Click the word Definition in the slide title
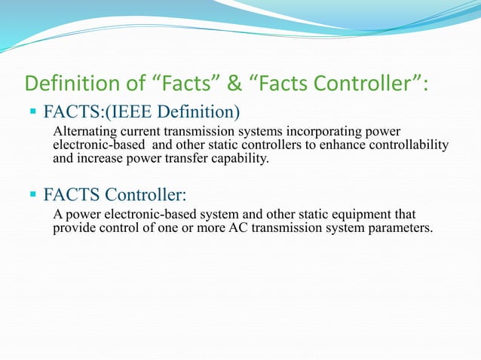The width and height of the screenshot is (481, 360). [63, 83]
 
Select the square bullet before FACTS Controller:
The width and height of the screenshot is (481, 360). [34, 196]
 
